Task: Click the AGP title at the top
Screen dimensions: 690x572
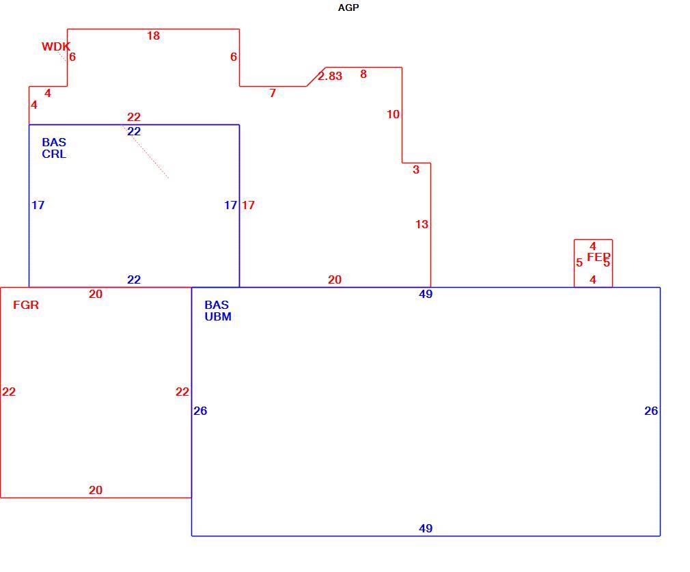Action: pos(348,8)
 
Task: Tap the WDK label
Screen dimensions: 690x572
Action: pos(56,46)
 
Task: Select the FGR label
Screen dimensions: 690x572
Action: pos(26,305)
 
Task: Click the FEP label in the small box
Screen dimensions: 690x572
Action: pos(598,257)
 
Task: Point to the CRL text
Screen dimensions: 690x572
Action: pos(54,154)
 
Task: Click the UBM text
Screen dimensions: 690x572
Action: pos(218,316)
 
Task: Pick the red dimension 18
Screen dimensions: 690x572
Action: pos(153,36)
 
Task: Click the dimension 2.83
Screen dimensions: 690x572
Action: pos(330,76)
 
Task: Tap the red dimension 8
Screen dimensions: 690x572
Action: pos(363,74)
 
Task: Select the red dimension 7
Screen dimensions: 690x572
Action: pos(273,93)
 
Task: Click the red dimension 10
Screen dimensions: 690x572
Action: pos(393,115)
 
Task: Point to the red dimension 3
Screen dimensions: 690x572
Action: pos(416,169)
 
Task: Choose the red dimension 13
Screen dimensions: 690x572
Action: pos(422,224)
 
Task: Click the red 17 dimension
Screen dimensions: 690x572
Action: pos(248,205)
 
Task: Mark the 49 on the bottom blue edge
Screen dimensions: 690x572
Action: pos(426,528)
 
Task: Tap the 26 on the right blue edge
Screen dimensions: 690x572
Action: pos(651,411)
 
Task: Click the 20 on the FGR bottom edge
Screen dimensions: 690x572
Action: pos(96,490)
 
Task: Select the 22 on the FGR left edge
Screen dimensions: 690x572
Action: pos(9,392)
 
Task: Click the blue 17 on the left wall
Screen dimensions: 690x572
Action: pos(38,205)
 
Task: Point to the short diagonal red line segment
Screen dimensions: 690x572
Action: pos(316,77)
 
